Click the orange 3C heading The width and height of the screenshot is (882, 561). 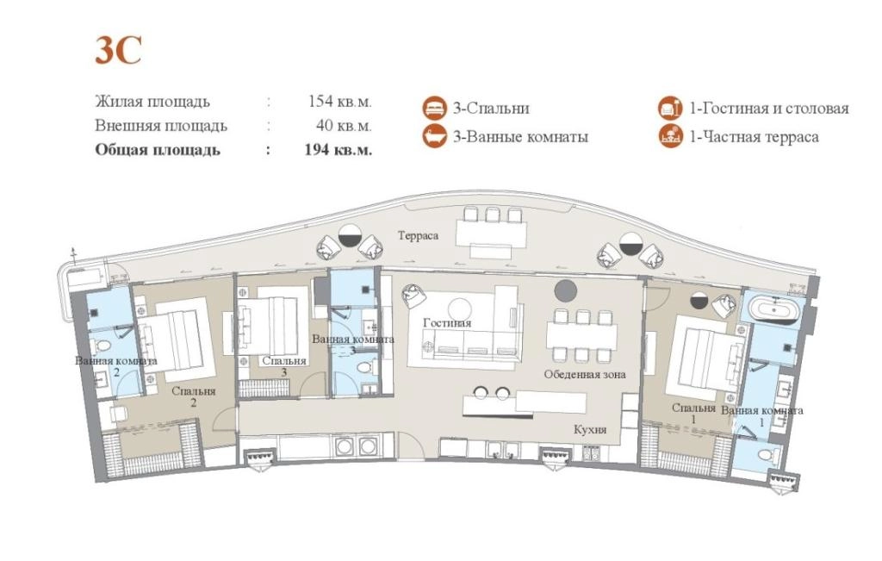coord(118,51)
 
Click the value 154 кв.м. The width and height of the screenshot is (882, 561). coord(339,102)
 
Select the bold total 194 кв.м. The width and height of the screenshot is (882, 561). coord(338,150)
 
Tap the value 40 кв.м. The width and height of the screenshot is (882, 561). coord(344,126)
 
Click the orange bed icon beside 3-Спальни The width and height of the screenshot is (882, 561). coord(435,108)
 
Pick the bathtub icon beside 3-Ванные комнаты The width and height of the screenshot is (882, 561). coord(435,136)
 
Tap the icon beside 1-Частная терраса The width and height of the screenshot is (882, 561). coord(670,136)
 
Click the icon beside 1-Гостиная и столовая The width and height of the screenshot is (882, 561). coord(670,108)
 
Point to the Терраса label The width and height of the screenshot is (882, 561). coord(418,236)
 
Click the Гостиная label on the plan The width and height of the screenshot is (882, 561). coord(447,323)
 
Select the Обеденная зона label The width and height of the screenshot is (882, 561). coord(585,374)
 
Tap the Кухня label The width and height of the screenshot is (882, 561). coord(590,430)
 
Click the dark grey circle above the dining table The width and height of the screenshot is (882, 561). coord(565,290)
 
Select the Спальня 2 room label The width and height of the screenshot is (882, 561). coord(194,396)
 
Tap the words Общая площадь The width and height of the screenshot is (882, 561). coord(158,150)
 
